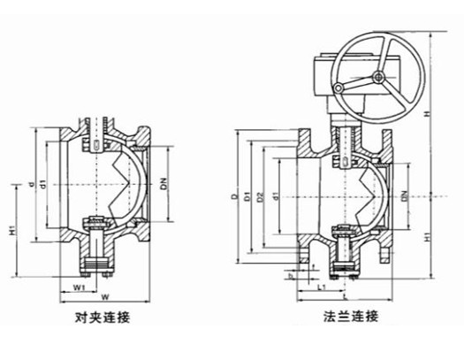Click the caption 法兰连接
[350, 317]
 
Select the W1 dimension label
[79, 287]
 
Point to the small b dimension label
[289, 275]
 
